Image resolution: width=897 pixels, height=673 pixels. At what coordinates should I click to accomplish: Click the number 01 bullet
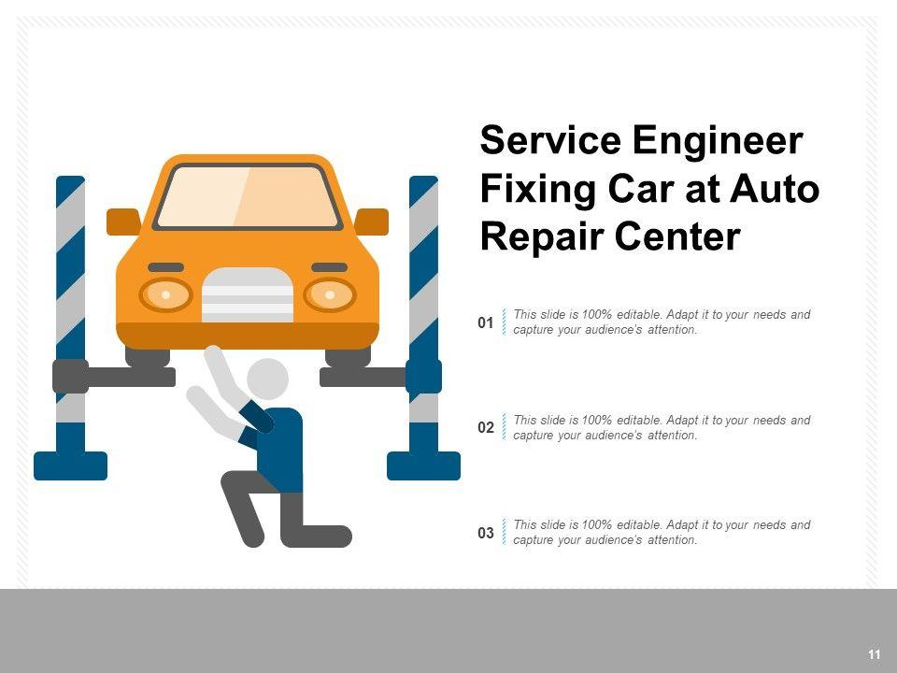tap(485, 323)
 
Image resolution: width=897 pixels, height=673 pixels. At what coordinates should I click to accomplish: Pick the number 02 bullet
tap(485, 428)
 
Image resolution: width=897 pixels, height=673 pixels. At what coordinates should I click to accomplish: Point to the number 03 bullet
tap(485, 534)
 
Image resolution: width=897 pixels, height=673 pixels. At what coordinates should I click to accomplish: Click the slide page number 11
tap(874, 654)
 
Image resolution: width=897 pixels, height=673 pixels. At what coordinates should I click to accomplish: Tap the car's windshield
tap(247, 196)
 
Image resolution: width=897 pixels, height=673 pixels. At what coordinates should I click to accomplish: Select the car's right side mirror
tap(372, 222)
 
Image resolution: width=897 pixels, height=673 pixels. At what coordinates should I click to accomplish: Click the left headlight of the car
tap(165, 295)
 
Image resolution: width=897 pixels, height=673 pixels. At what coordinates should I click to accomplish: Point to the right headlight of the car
tap(330, 295)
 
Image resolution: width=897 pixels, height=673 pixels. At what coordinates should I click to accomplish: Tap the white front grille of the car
tap(248, 294)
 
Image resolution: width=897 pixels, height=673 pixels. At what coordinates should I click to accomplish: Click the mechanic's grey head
tap(267, 378)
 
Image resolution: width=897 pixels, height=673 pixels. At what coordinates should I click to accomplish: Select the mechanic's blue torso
tap(281, 449)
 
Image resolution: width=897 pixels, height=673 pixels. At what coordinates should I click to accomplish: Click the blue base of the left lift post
tap(70, 465)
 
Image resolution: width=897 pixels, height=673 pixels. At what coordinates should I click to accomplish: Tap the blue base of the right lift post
tap(423, 465)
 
